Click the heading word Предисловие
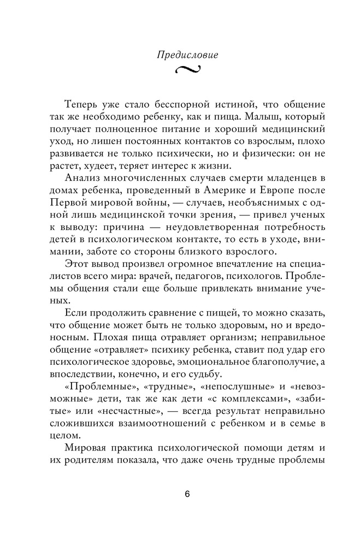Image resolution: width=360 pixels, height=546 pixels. click(x=180, y=55)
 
